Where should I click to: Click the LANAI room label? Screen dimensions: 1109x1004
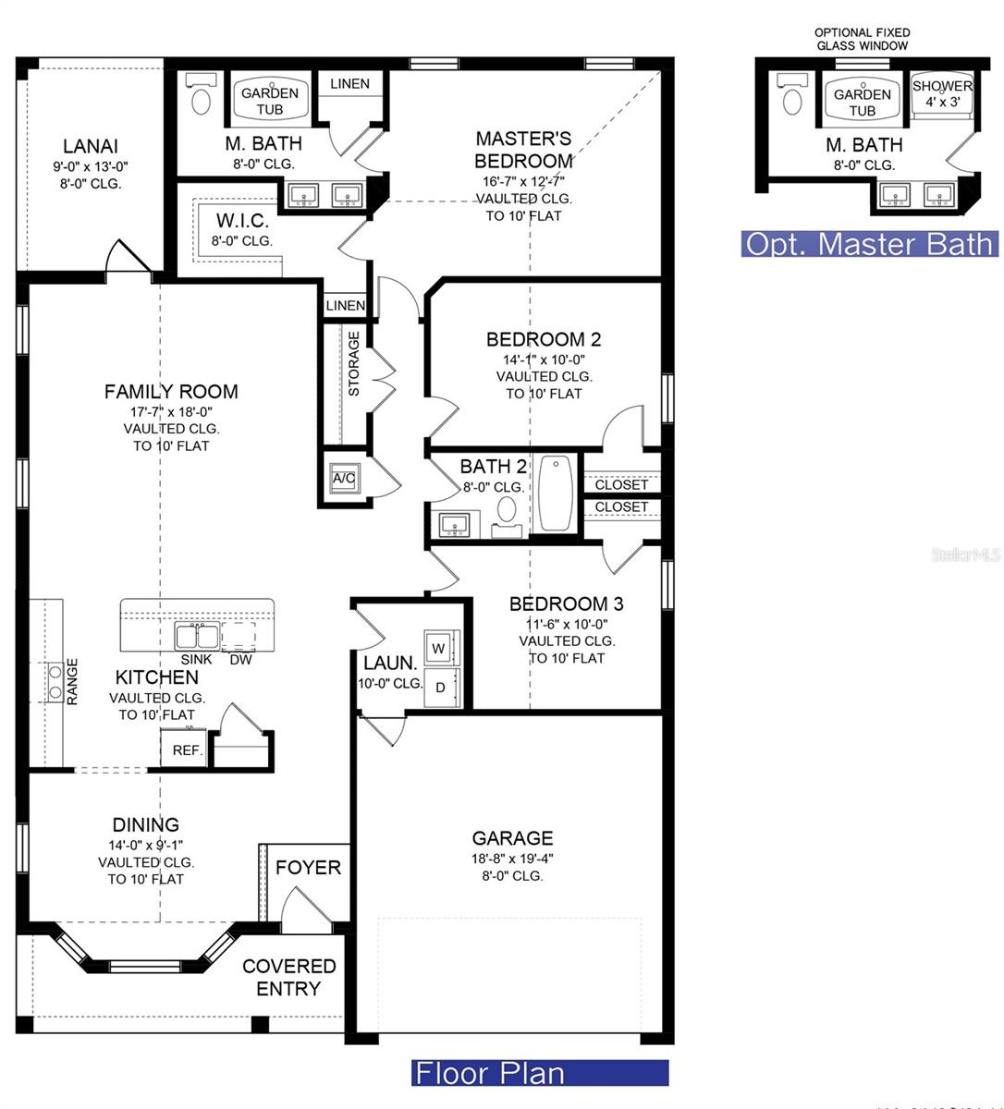(x=90, y=146)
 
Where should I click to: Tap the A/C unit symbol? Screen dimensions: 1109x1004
(x=343, y=478)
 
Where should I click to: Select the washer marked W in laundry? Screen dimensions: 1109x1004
(x=438, y=649)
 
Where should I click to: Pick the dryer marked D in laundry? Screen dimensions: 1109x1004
(x=440, y=688)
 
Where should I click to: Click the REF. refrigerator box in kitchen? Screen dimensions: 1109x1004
(x=186, y=749)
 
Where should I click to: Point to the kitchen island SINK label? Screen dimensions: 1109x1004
(x=196, y=659)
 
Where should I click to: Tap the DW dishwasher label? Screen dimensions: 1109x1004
(x=240, y=659)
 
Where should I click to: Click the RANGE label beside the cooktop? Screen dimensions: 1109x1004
(x=72, y=681)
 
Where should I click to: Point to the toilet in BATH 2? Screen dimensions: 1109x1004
(x=507, y=509)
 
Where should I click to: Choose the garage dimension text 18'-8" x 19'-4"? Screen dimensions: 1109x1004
(x=512, y=858)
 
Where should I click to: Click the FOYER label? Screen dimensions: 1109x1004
(x=308, y=868)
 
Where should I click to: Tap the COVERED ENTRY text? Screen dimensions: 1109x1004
(x=288, y=977)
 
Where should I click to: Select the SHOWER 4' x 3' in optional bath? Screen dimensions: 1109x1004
(x=942, y=93)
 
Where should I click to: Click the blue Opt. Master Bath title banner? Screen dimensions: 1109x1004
(x=869, y=244)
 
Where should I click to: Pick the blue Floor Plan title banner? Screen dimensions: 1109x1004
(x=539, y=1073)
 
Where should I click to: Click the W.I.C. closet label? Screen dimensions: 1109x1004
(x=242, y=222)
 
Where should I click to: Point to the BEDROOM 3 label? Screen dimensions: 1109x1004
(x=566, y=603)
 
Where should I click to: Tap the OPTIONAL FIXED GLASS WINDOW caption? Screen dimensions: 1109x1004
(x=862, y=39)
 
